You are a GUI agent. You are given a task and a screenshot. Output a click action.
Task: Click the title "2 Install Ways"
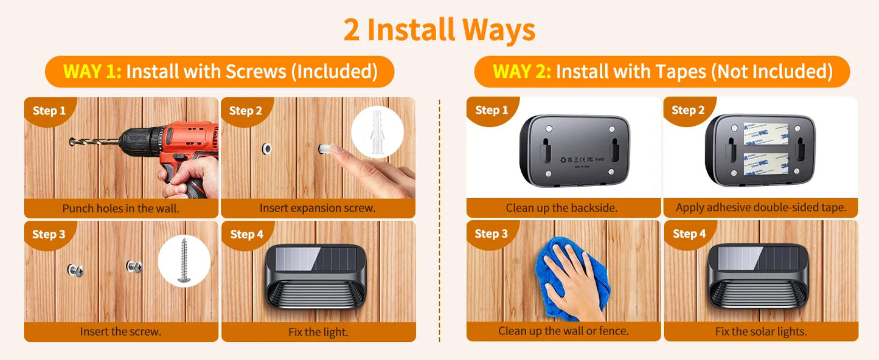click(x=439, y=30)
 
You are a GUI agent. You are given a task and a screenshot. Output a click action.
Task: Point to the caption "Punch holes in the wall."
click(x=120, y=209)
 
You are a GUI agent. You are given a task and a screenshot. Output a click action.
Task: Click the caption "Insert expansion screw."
click(x=317, y=209)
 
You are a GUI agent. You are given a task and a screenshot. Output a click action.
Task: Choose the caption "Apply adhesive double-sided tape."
click(x=760, y=208)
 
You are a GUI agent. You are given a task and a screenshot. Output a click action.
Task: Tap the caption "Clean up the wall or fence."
click(x=563, y=331)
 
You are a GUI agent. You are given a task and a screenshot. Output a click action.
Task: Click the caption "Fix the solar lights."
click(x=760, y=331)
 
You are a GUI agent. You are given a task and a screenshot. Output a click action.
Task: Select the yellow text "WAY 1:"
click(x=92, y=72)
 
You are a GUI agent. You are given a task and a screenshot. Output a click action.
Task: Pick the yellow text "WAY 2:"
click(x=522, y=72)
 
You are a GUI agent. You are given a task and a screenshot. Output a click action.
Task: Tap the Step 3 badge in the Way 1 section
click(x=49, y=234)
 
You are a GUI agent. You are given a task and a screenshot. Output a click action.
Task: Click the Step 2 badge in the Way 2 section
click(x=688, y=110)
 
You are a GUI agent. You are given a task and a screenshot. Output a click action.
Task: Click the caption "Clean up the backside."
click(x=561, y=208)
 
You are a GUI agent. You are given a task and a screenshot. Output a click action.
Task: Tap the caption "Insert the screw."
click(x=120, y=332)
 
